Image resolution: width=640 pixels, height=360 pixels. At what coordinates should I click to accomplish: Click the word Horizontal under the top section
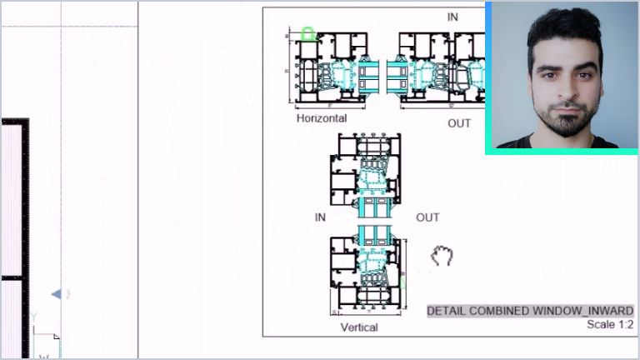[x=321, y=118]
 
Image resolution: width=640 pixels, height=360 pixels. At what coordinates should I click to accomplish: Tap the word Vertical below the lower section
[x=359, y=327]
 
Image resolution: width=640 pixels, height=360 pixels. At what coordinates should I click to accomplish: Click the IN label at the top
[x=452, y=17]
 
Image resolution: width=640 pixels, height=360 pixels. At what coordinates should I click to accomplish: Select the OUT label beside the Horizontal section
[x=459, y=123]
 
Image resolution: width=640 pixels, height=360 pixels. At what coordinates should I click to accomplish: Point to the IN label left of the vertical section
[x=320, y=217]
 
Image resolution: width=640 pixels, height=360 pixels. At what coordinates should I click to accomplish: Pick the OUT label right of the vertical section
[x=427, y=217]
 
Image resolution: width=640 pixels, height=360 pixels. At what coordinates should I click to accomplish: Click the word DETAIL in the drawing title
[x=447, y=311]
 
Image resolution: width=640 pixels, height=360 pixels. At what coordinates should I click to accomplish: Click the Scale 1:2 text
[x=610, y=324]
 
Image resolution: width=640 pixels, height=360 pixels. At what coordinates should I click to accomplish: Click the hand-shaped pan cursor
[x=442, y=256]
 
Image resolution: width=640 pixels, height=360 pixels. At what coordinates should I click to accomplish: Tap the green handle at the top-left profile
[x=307, y=34]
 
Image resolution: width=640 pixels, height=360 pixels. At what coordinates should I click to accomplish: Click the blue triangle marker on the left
[x=56, y=294]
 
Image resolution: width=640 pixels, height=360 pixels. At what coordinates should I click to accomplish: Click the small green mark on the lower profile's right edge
[x=403, y=282]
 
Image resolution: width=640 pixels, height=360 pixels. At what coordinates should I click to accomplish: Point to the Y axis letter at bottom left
[x=34, y=317]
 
